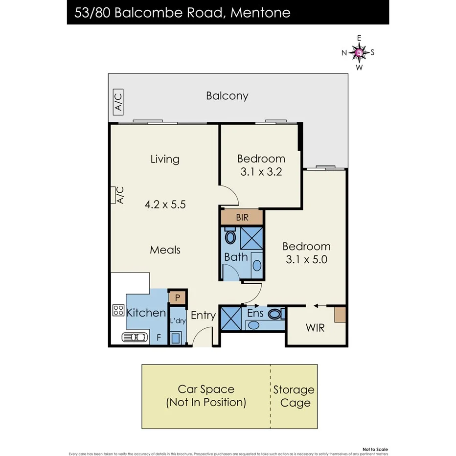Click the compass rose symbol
pyautogui.click(x=359, y=52)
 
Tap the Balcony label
pyautogui.click(x=227, y=96)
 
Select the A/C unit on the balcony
pyautogui.click(x=118, y=101)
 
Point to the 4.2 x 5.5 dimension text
pyautogui.click(x=165, y=205)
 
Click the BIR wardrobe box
pyautogui.click(x=242, y=217)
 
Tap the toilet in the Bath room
pyautogui.click(x=230, y=238)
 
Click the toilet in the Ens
pyautogui.click(x=275, y=314)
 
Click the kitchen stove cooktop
pyautogui.click(x=118, y=310)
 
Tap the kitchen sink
pyautogui.click(x=135, y=337)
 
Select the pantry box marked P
pyautogui.click(x=177, y=297)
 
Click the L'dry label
pyautogui.click(x=177, y=321)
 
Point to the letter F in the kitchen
pyautogui.click(x=158, y=337)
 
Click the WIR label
pyautogui.click(x=315, y=328)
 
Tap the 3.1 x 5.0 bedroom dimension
pyautogui.click(x=306, y=259)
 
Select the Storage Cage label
pyautogui.click(x=294, y=396)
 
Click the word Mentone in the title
pyautogui.click(x=260, y=12)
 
